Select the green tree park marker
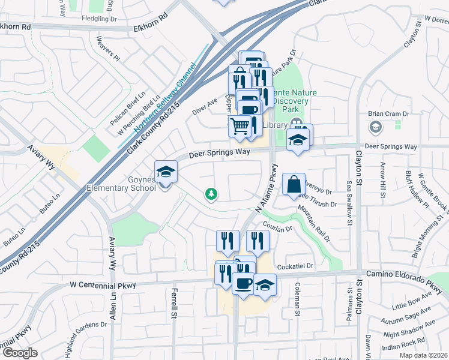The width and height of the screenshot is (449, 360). (211, 194)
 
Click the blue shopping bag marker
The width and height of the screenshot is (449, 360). (294, 185)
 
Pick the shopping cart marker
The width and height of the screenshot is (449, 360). (240, 127)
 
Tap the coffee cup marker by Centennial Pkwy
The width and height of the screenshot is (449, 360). (243, 284)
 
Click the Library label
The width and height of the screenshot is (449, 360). (276, 125)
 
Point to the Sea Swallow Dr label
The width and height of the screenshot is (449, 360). (349, 203)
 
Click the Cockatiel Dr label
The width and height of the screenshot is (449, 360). (295, 266)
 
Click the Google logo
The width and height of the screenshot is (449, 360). (20, 353)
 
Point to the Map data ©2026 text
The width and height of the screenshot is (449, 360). (423, 355)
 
